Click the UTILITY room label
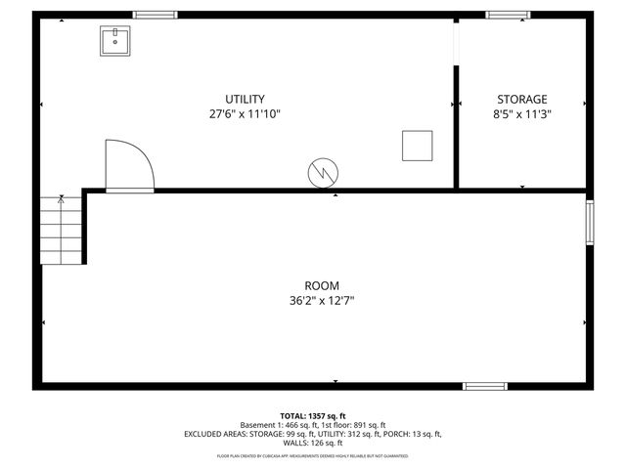(246, 99)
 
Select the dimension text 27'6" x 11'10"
(246, 113)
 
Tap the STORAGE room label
(521, 99)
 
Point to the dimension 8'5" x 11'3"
(521, 113)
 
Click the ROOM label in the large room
(314, 285)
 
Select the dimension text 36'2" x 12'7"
(314, 300)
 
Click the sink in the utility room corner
(115, 41)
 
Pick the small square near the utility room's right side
(417, 145)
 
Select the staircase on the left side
(61, 230)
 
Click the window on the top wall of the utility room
(155, 15)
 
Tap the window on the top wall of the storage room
(509, 15)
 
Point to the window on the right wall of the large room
(589, 222)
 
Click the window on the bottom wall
(485, 386)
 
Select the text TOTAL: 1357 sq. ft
(313, 415)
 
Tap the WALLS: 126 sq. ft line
(313, 443)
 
